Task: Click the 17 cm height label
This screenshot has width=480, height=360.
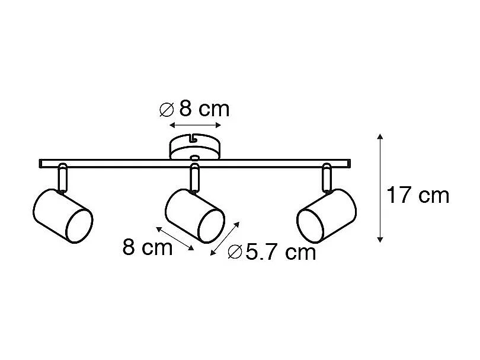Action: pyautogui.click(x=418, y=195)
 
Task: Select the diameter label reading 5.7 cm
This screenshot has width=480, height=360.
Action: pyautogui.click(x=272, y=253)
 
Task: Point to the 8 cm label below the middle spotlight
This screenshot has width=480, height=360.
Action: pyautogui.click(x=148, y=247)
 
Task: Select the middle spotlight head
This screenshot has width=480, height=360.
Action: pyautogui.click(x=195, y=215)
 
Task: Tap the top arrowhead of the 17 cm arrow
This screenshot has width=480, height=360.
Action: pyautogui.click(x=380, y=137)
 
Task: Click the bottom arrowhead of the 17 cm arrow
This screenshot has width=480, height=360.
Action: pyautogui.click(x=380, y=240)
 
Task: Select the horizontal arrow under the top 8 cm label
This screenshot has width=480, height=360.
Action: pyautogui.click(x=195, y=125)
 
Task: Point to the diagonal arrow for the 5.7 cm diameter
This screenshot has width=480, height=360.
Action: pyautogui.click(x=226, y=238)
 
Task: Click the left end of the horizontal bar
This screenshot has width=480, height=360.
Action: pyautogui.click(x=41, y=163)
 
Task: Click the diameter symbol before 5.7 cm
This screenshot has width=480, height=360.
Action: pyautogui.click(x=235, y=253)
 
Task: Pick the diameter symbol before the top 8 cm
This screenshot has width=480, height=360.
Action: pyautogui.click(x=167, y=110)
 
